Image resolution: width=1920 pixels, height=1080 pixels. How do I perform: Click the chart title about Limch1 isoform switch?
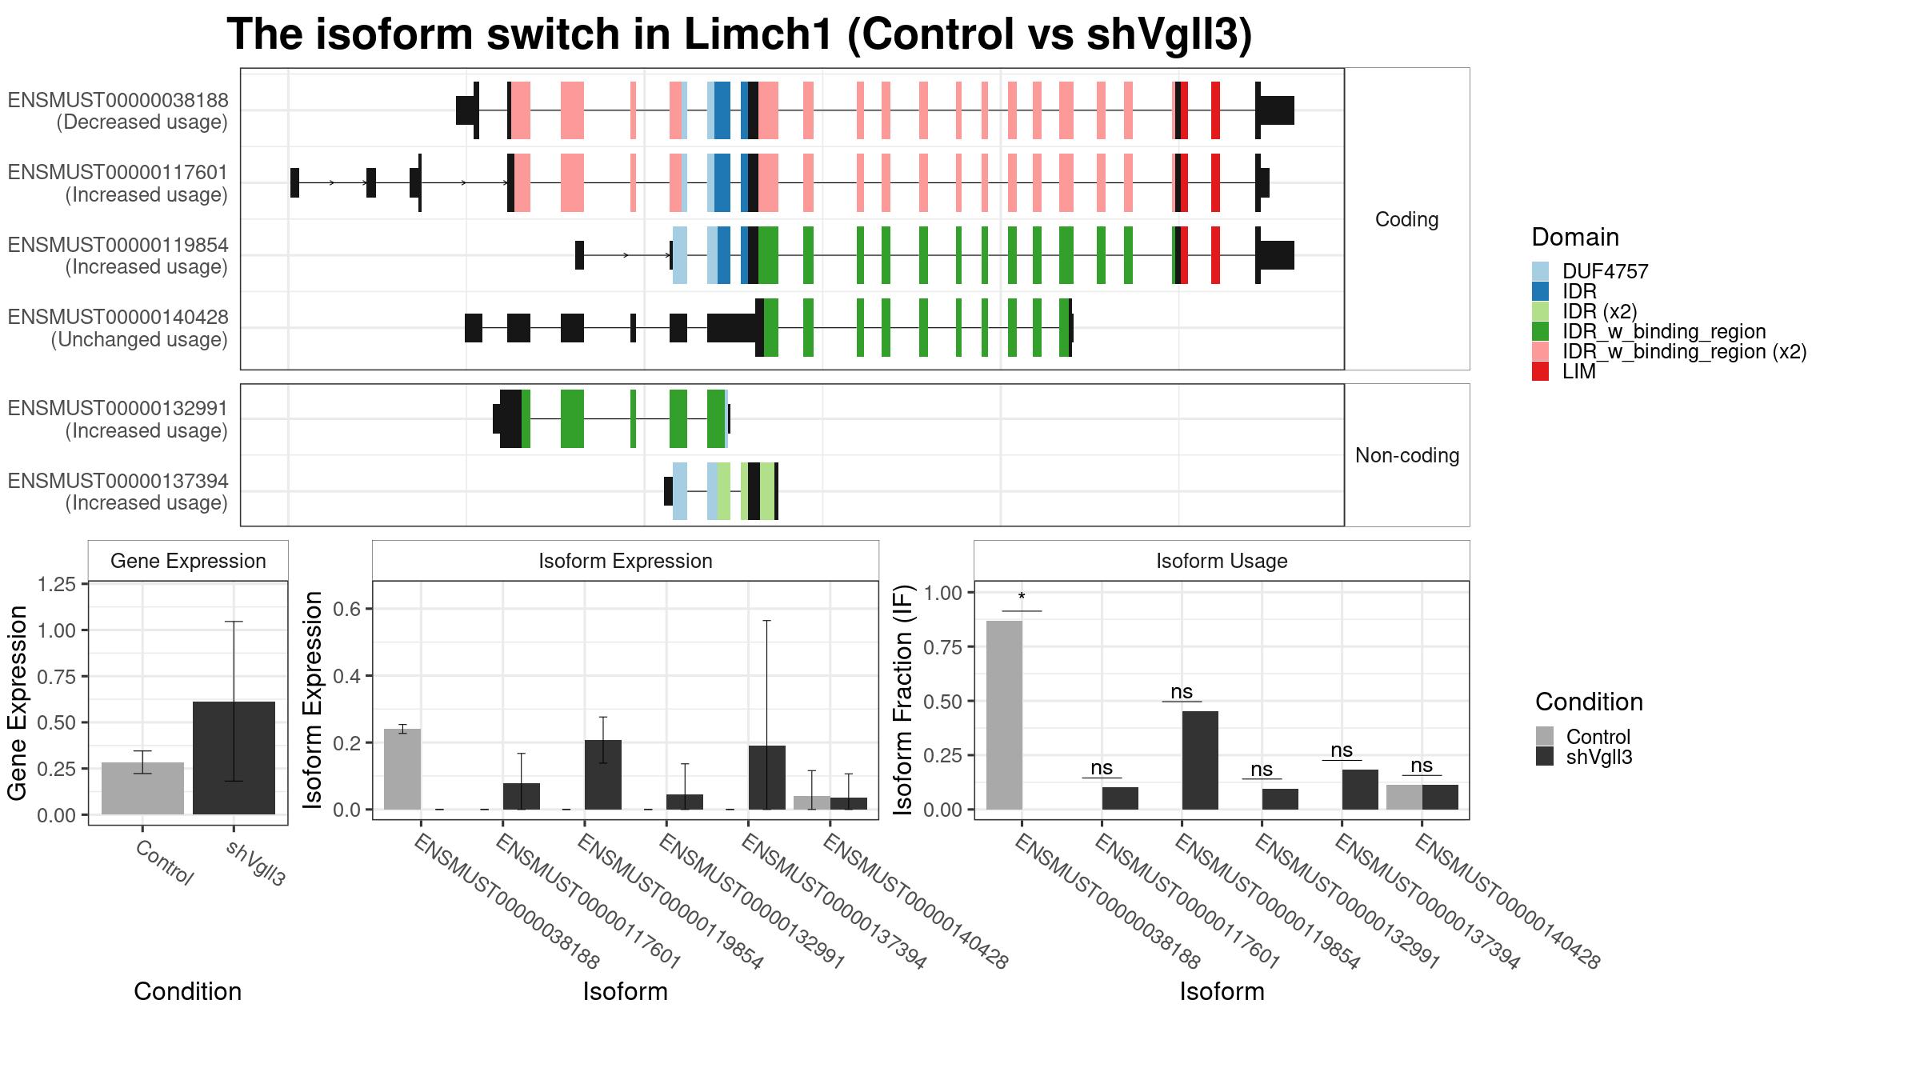pyautogui.click(x=739, y=34)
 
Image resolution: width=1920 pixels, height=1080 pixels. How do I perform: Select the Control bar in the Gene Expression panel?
pyautogui.click(x=142, y=788)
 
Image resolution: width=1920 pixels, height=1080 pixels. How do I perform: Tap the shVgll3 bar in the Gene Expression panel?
pyautogui.click(x=234, y=758)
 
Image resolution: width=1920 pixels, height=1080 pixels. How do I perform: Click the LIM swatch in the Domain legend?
pyautogui.click(x=1540, y=371)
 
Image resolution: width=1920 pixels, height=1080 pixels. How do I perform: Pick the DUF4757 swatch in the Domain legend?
pyautogui.click(x=1540, y=271)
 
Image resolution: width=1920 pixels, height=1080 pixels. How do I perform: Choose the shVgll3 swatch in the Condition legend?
pyautogui.click(x=1544, y=757)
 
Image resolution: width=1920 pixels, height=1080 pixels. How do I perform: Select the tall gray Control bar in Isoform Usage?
pyautogui.click(x=1004, y=715)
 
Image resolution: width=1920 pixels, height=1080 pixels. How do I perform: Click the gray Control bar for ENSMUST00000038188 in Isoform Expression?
pyautogui.click(x=402, y=769)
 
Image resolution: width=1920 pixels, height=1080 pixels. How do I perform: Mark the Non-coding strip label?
pyautogui.click(x=1407, y=455)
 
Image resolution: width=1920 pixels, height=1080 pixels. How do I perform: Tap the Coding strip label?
pyautogui.click(x=1407, y=219)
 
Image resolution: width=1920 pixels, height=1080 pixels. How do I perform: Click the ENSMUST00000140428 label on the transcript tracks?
pyautogui.click(x=118, y=317)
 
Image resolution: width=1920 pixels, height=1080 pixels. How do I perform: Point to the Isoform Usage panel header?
pyautogui.click(x=1222, y=561)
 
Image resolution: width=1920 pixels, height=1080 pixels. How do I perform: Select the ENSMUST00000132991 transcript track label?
pyautogui.click(x=118, y=408)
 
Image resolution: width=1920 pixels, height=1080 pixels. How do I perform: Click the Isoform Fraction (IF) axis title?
pyautogui.click(x=903, y=701)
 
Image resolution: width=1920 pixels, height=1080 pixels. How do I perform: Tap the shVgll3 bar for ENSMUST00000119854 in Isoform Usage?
pyautogui.click(x=1200, y=760)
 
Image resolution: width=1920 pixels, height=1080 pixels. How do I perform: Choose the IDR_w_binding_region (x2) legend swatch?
pyautogui.click(x=1540, y=351)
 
